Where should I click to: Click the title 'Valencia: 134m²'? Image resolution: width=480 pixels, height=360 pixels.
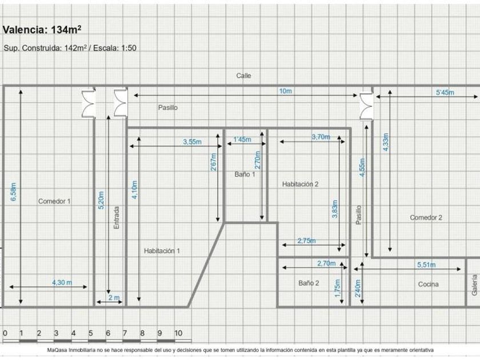[x=42, y=30]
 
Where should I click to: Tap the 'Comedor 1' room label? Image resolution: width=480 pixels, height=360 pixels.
[x=54, y=201]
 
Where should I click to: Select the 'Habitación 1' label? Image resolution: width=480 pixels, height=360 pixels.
[x=162, y=251]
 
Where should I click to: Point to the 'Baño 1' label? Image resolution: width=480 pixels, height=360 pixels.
[x=245, y=174]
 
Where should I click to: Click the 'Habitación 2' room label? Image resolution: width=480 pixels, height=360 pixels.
[x=301, y=184]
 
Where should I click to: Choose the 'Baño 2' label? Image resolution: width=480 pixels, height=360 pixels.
[x=309, y=283]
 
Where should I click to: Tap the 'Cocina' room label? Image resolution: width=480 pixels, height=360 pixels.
[x=428, y=285]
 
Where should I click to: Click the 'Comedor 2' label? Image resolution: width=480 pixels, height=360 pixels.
[x=426, y=218]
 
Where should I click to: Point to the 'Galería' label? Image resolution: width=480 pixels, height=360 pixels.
[x=474, y=285]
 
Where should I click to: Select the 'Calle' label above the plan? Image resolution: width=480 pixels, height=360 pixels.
[x=243, y=75]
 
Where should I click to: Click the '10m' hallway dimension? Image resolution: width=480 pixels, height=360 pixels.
[x=285, y=91]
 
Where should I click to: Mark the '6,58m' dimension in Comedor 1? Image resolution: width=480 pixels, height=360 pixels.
[x=14, y=192]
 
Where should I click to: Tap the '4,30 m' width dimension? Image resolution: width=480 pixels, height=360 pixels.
[x=62, y=282]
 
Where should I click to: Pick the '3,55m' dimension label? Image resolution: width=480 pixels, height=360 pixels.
[x=192, y=142]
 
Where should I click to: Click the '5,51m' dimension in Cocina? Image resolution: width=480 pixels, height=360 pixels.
[x=426, y=265]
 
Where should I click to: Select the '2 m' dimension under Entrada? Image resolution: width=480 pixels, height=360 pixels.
[x=114, y=297]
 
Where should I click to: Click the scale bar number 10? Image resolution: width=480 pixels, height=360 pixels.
[x=178, y=333]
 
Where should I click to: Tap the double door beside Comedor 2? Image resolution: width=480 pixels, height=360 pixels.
[x=366, y=106]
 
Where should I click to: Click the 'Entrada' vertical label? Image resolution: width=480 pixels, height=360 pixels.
[x=117, y=218]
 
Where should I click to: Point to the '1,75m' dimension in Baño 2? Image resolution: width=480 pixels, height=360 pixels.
[x=337, y=288]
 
